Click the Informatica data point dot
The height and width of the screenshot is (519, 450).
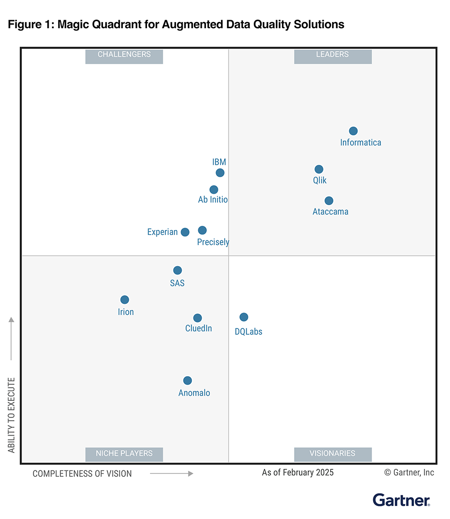point(353,131)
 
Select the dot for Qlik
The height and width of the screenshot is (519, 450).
point(319,169)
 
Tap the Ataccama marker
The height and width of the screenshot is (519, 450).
point(329,200)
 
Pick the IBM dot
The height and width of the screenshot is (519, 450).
point(220,173)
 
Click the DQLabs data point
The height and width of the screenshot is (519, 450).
point(243,317)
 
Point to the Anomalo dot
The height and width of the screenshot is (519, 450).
point(187,380)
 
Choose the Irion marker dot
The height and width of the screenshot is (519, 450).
point(125,300)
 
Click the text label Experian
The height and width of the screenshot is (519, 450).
point(162,232)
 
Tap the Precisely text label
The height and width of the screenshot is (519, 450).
point(213,242)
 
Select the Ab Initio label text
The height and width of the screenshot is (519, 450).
point(213,200)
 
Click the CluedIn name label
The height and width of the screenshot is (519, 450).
point(199,328)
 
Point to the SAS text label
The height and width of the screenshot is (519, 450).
point(177,283)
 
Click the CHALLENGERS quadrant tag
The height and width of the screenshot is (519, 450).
point(124,55)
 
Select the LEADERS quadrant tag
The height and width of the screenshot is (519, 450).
point(332,55)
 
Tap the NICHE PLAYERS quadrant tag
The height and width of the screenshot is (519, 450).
point(124,453)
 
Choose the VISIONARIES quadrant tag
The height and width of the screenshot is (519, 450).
point(332,453)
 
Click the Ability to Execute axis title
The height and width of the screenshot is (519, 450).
point(12,415)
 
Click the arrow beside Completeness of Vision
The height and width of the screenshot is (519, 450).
point(171,474)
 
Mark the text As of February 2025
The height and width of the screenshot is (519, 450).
point(298,472)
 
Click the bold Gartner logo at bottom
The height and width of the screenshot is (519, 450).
point(401,500)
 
